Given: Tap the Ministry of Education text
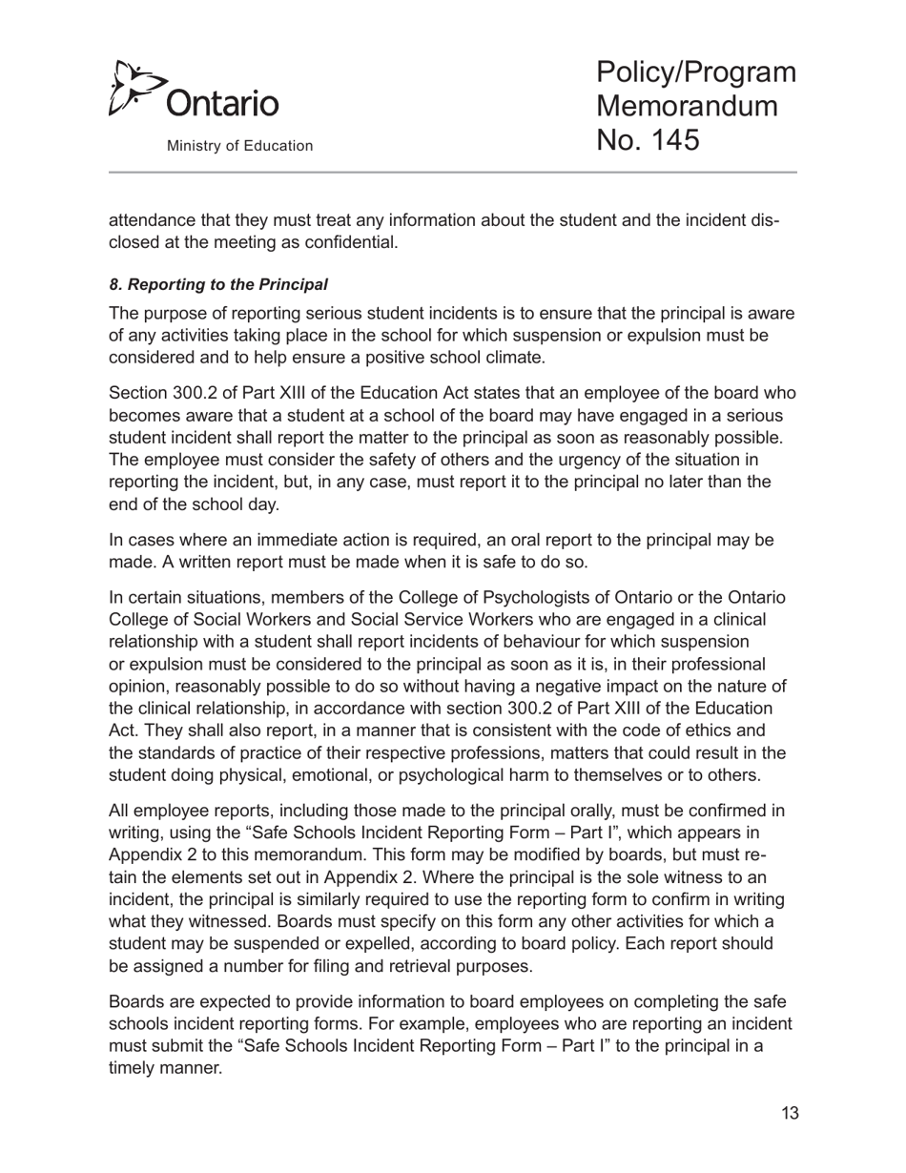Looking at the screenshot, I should coord(239,146).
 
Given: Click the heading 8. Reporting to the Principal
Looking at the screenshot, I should coord(218,284).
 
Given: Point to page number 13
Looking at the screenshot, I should coord(789,1113).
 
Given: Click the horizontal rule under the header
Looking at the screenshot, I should coord(453,173).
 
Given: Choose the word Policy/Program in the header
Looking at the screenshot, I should coord(695,72).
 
